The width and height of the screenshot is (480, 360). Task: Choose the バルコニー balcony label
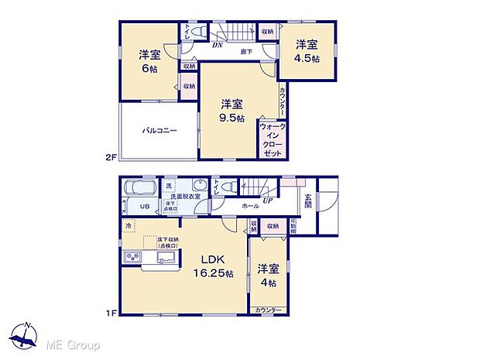[x=159, y=131]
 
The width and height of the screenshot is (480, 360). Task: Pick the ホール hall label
[x=250, y=207]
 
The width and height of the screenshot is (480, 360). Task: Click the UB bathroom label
[x=144, y=207]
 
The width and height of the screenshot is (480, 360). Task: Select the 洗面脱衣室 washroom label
[x=186, y=197]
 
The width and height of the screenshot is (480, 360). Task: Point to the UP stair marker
[x=268, y=200]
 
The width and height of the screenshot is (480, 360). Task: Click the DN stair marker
[x=218, y=45]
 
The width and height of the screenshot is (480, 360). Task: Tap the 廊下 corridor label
[x=245, y=52]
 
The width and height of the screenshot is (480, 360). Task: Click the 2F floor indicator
[x=110, y=158]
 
